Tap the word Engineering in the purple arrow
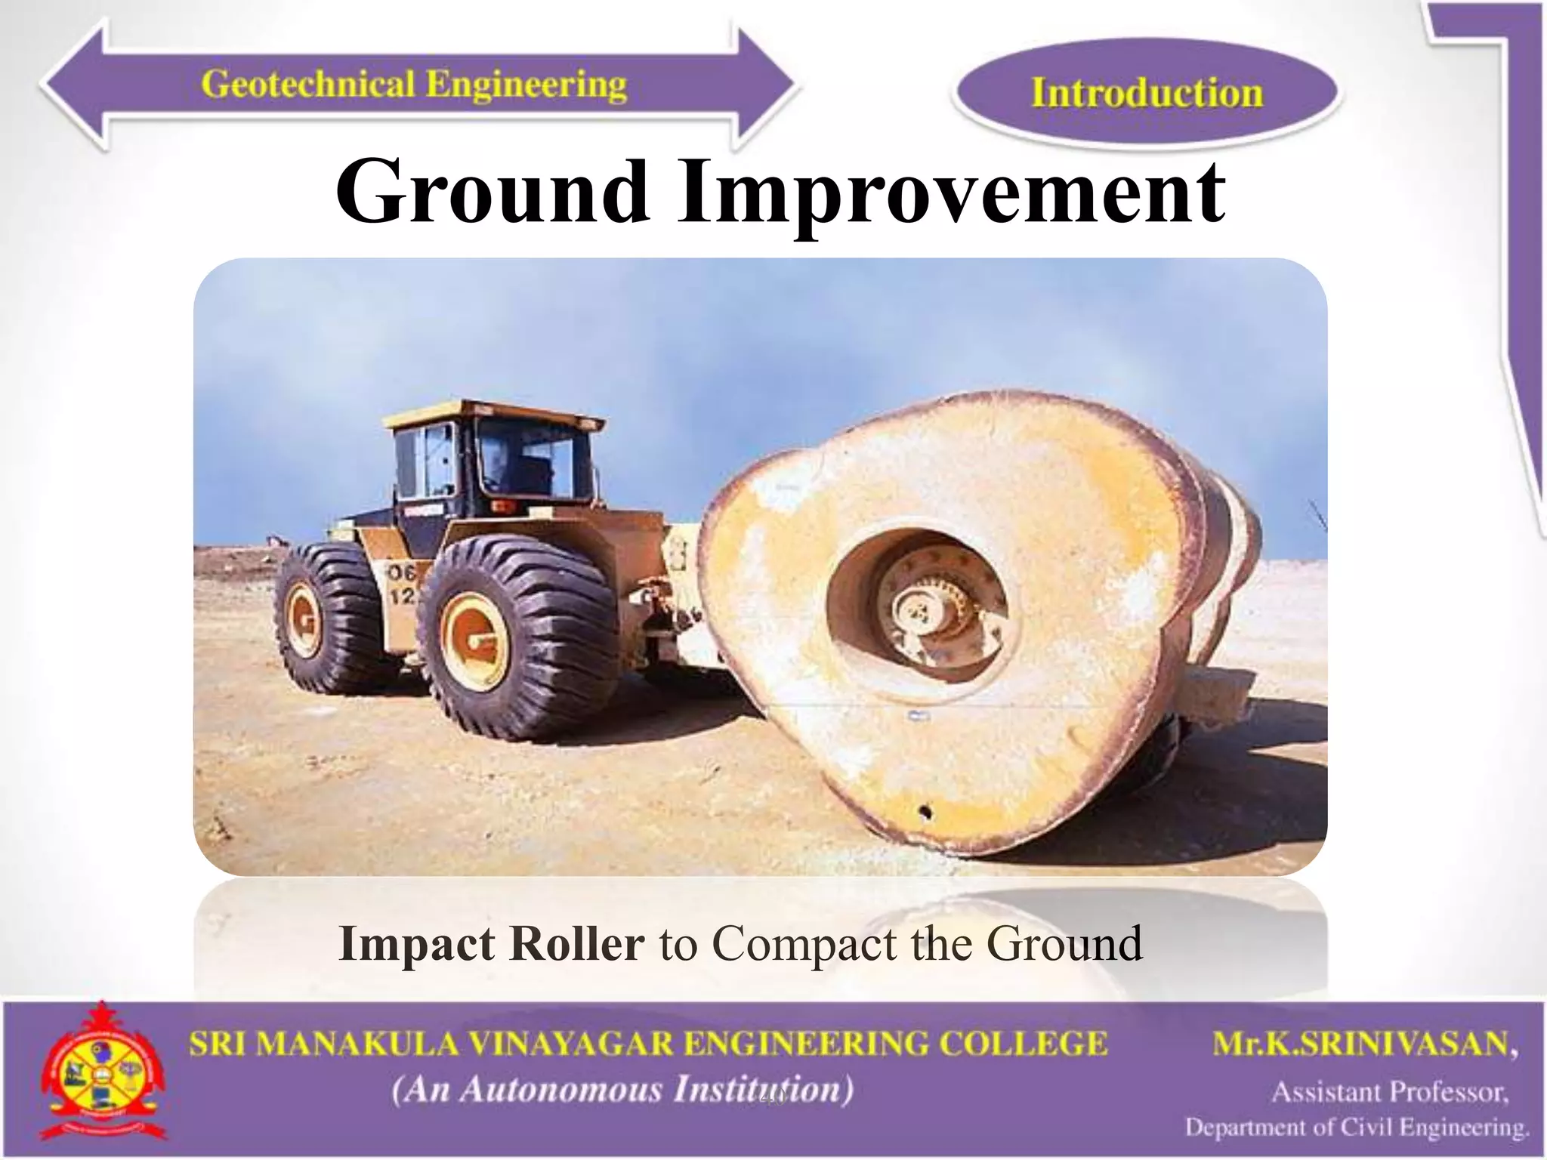(526, 84)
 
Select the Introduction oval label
(1146, 93)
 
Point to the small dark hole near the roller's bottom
(925, 813)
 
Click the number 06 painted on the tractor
(402, 573)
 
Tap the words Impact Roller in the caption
(492, 944)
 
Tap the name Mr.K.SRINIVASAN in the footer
(1365, 1044)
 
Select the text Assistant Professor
(1390, 1093)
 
